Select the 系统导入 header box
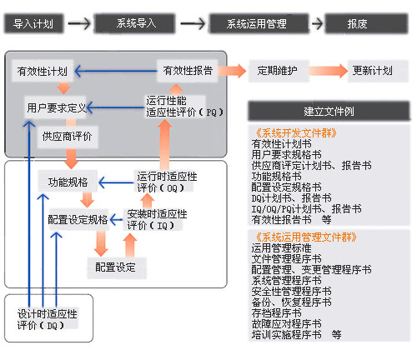(x=138, y=25)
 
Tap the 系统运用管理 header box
(x=256, y=25)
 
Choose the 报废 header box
(x=358, y=25)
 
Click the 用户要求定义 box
(x=57, y=107)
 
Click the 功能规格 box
(x=68, y=181)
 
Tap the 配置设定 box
(x=115, y=267)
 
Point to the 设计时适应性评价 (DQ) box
(x=47, y=319)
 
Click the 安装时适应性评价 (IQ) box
(x=157, y=219)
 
